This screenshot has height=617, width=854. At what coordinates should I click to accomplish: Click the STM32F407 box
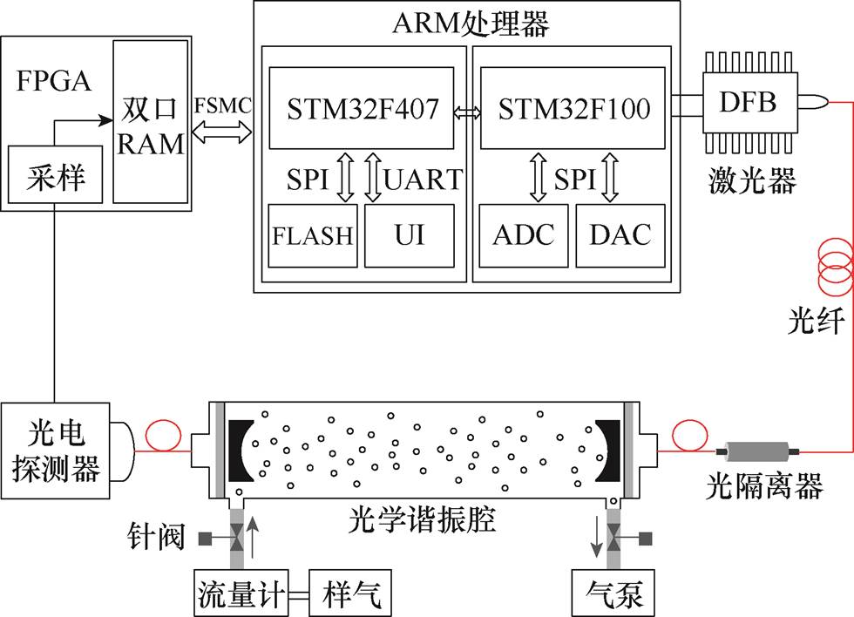360,108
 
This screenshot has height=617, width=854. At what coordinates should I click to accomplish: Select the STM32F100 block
574,108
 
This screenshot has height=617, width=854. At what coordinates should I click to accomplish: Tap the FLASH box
313,235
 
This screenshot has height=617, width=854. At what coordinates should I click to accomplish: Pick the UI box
410,235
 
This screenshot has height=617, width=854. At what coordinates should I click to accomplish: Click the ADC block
524,235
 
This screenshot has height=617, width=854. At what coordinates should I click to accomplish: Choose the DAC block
620,235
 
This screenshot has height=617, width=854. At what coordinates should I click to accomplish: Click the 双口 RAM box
151,122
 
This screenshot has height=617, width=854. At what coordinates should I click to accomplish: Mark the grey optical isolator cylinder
756,451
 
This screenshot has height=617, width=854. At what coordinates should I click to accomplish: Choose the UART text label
424,180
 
